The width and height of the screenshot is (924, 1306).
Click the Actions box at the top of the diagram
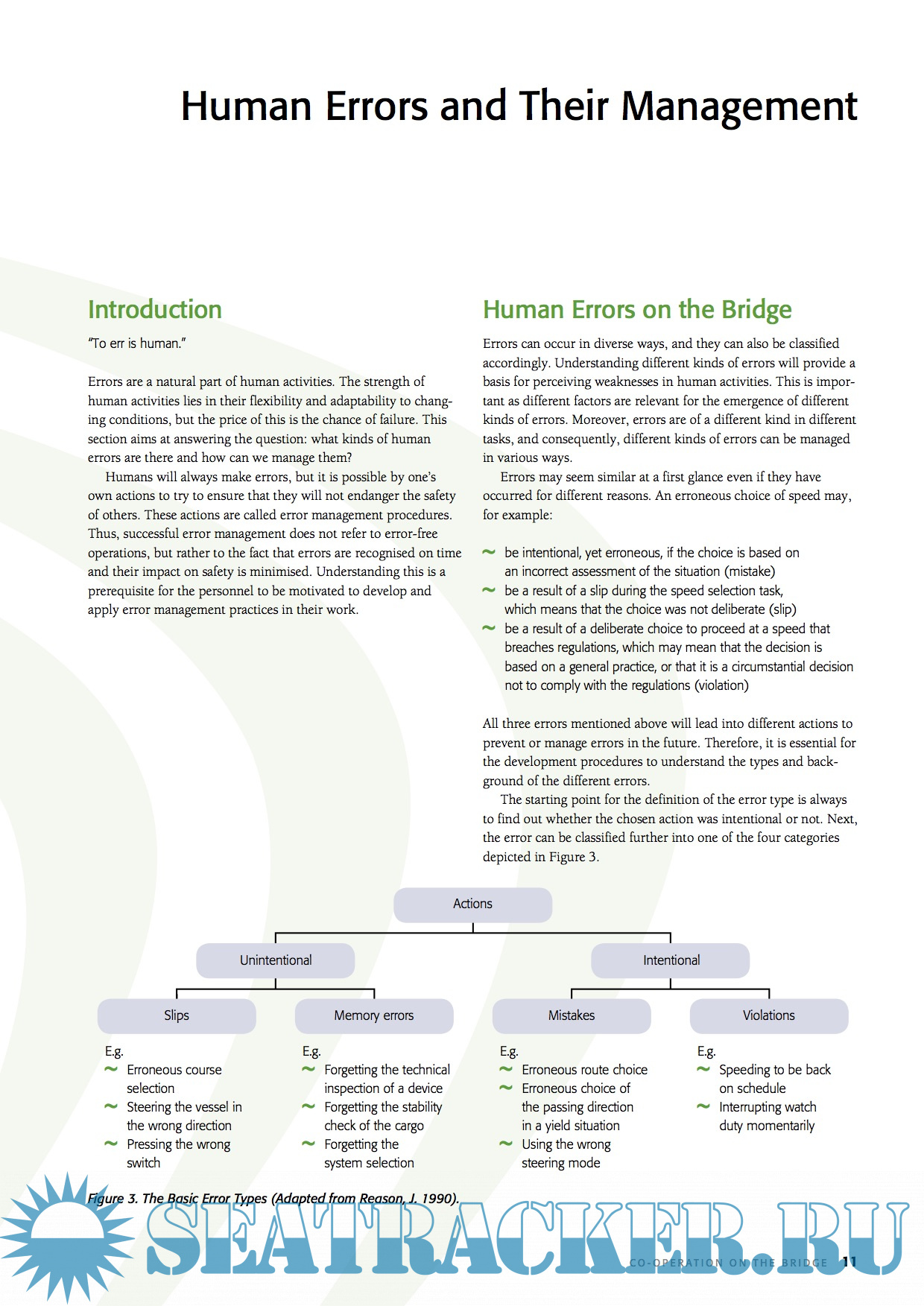[x=472, y=904]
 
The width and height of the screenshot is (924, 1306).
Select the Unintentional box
[x=275, y=960]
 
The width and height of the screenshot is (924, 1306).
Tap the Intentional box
[x=671, y=960]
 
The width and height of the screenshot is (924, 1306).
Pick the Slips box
[x=177, y=1015]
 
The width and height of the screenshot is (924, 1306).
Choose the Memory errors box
[x=373, y=1015]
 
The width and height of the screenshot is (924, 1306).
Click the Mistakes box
[x=572, y=1015]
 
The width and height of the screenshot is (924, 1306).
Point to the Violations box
[x=768, y=1015]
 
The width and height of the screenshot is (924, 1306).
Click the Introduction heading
[x=155, y=309]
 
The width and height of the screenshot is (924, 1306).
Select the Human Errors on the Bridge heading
[x=637, y=309]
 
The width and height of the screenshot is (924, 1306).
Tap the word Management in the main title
[x=739, y=106]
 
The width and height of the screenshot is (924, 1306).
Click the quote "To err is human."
[x=137, y=343]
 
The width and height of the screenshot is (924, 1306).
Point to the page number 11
[x=849, y=1261]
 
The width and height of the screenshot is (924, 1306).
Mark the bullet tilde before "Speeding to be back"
[x=703, y=1069]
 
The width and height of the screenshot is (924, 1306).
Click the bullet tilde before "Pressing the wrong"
[x=111, y=1144]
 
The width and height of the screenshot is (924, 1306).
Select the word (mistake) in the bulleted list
[x=750, y=571]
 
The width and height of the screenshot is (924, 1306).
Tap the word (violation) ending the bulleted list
[x=721, y=685]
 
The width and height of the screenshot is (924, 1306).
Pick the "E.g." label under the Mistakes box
[x=509, y=1051]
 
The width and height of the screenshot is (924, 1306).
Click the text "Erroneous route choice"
[x=584, y=1070]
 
